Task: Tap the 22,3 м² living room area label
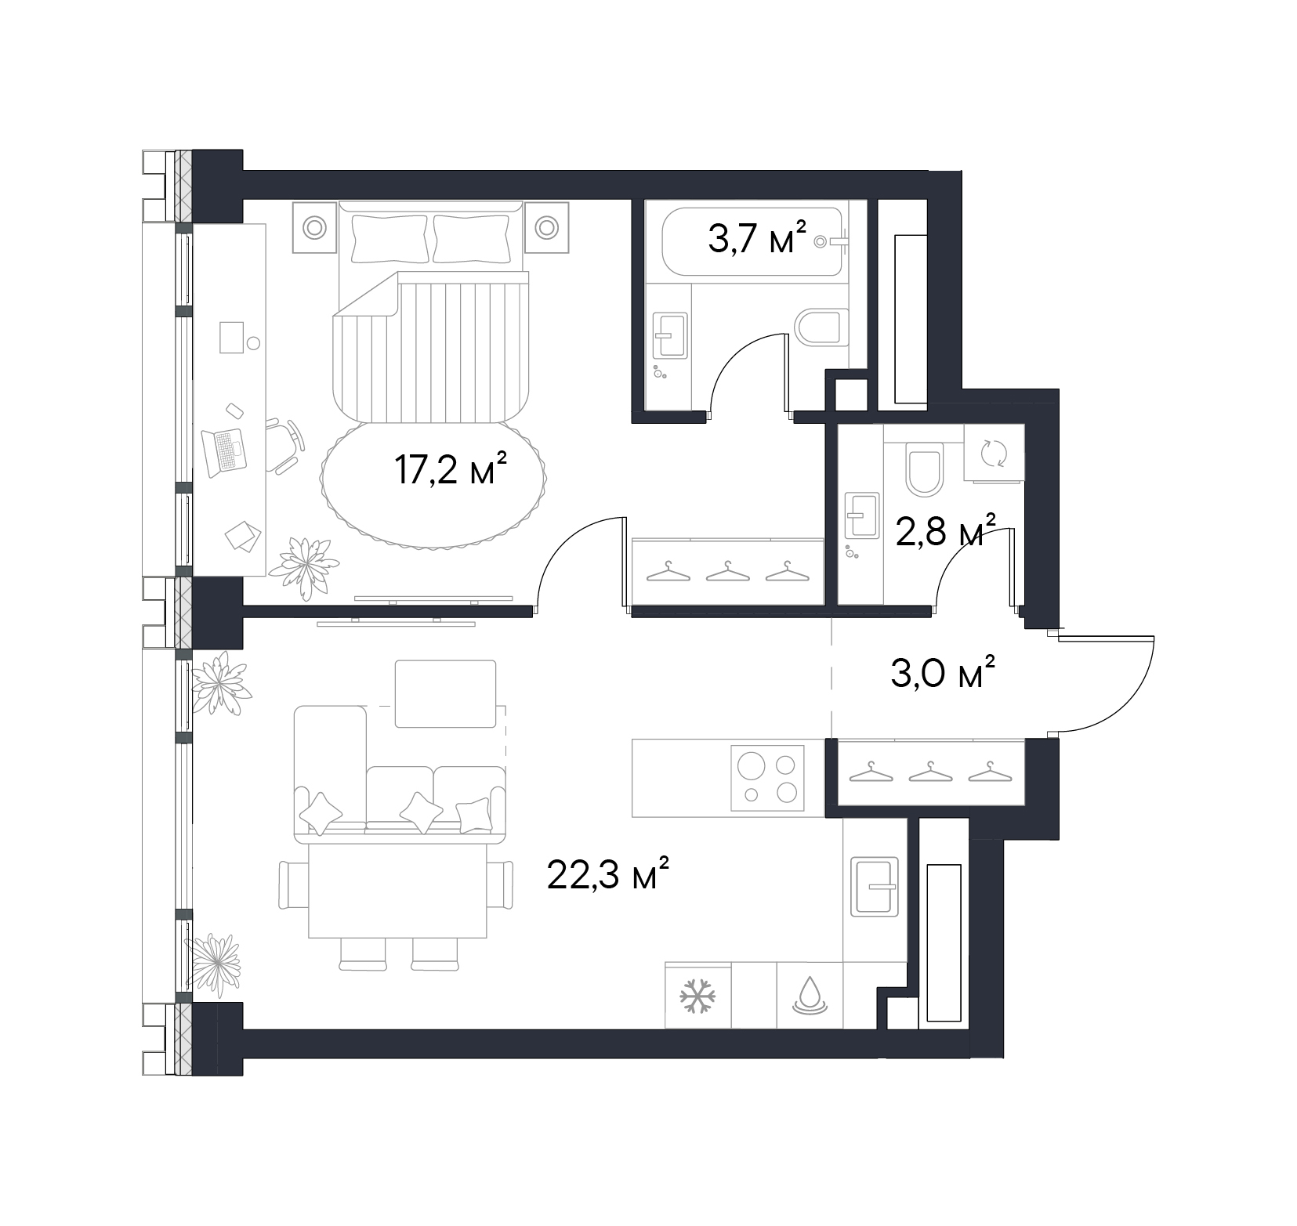pyautogui.click(x=608, y=876)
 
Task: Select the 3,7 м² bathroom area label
pyautogui.click(x=757, y=237)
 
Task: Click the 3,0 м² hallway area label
pyautogui.click(x=943, y=672)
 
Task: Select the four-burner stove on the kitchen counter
pyautogui.click(x=768, y=778)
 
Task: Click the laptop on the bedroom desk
pyautogui.click(x=224, y=453)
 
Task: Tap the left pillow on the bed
pyautogui.click(x=390, y=239)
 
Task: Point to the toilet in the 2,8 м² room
pyautogui.click(x=924, y=468)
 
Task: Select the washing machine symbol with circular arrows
pyautogui.click(x=994, y=453)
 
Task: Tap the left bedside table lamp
pyautogui.click(x=315, y=227)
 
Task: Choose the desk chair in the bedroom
pyautogui.click(x=284, y=444)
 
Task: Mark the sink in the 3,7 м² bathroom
pyautogui.click(x=670, y=335)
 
